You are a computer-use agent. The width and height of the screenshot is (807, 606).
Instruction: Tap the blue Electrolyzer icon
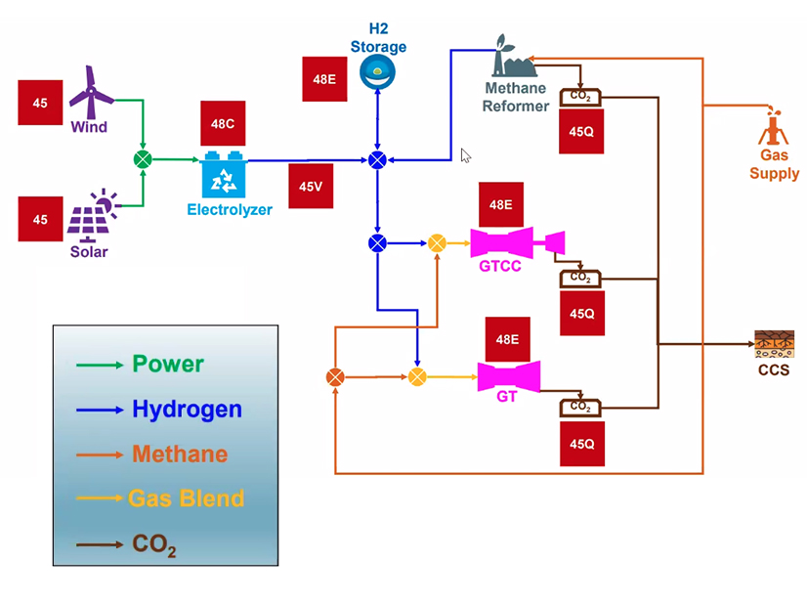227,176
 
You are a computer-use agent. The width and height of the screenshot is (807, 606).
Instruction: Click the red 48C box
223,124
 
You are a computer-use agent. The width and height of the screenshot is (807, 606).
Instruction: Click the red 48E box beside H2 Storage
324,80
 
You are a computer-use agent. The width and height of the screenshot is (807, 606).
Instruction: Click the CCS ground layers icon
774,344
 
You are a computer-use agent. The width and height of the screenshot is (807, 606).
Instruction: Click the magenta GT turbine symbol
509,376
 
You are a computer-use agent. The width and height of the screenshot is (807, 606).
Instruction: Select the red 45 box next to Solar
40,219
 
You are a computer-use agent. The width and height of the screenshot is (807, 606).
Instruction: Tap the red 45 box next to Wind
40,103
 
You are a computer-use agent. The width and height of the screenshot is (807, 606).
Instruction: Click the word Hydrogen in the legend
187,409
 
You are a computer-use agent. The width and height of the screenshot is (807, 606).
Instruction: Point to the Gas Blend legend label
186,498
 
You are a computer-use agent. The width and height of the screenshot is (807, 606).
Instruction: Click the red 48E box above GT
508,339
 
